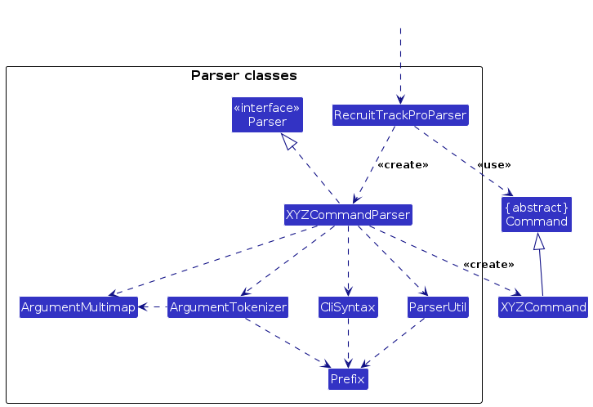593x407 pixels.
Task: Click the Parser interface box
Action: (x=267, y=115)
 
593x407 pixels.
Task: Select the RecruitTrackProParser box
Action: (x=400, y=115)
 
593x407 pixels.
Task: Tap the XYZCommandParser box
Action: (x=348, y=215)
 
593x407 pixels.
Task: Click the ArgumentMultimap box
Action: (x=78, y=307)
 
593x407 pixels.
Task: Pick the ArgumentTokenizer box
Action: (x=228, y=307)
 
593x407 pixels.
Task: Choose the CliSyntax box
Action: (x=348, y=307)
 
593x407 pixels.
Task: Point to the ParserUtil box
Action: (x=438, y=307)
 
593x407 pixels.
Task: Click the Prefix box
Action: (x=348, y=379)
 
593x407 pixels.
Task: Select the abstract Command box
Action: (x=537, y=214)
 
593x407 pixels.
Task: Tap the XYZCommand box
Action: (x=543, y=307)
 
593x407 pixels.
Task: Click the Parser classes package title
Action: (x=244, y=76)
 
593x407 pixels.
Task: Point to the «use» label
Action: (x=494, y=165)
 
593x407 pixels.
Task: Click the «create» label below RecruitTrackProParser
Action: (x=403, y=165)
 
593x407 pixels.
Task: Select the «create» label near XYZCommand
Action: (x=488, y=265)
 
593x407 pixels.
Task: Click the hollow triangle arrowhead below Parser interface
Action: (x=288, y=141)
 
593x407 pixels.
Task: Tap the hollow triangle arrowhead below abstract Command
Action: (x=539, y=241)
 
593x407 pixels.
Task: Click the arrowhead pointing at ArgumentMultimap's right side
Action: (x=143, y=307)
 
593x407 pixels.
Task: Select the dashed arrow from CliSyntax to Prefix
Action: (x=348, y=343)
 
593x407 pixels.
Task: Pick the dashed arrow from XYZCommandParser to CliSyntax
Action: (x=348, y=261)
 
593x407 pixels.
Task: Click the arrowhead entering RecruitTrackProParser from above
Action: (x=400, y=100)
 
